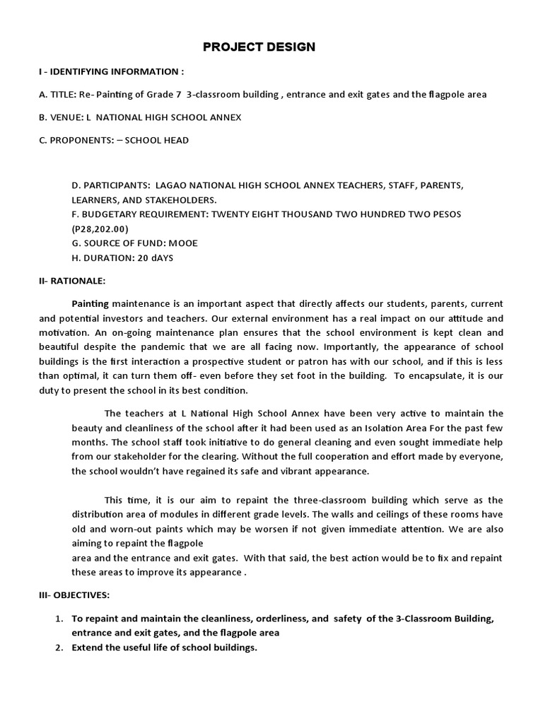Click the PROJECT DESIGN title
tap(259, 47)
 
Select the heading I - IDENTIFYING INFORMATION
tap(111, 71)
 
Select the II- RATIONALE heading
tap(71, 281)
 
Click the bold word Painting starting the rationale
tap(90, 303)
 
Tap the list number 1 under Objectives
tap(59, 619)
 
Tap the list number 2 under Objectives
tap(59, 648)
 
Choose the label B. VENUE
tap(61, 117)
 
